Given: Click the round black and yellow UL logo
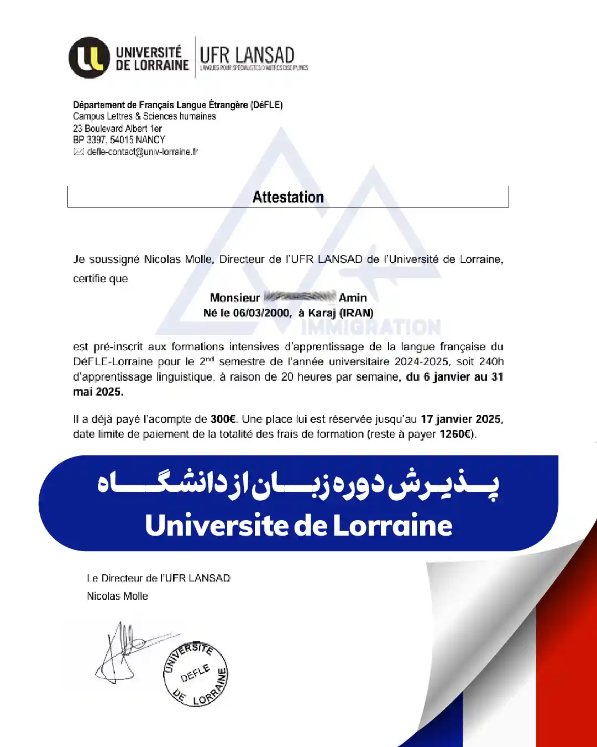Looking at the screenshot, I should click(x=89, y=58).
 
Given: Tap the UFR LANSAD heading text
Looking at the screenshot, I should click(x=247, y=55).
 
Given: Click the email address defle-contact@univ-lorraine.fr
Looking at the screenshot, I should click(x=142, y=152).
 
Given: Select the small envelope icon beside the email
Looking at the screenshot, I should click(x=78, y=152).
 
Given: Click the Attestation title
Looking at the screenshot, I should click(x=288, y=197).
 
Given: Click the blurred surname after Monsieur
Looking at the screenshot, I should click(x=299, y=297).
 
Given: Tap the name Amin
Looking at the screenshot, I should click(x=353, y=298).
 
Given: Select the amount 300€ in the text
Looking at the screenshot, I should click(x=223, y=419).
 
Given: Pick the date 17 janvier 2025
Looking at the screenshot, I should click(x=462, y=419).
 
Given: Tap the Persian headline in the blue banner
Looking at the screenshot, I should click(x=298, y=485).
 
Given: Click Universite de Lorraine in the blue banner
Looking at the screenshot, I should click(x=298, y=525).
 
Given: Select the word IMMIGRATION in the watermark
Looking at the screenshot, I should click(x=371, y=328).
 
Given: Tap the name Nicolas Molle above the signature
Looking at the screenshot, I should click(x=117, y=596).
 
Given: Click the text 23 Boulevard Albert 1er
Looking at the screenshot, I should click(x=117, y=128).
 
